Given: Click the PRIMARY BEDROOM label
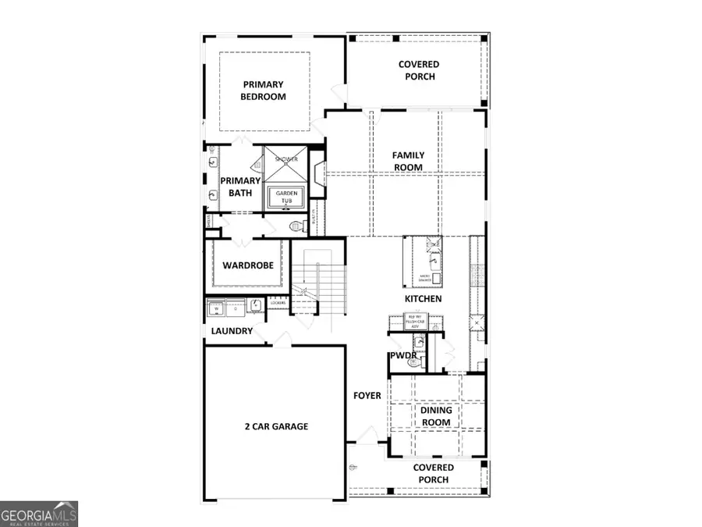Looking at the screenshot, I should pyautogui.click(x=264, y=91).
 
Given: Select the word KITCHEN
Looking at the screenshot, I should pyautogui.click(x=423, y=299).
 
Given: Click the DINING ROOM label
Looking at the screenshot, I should pyautogui.click(x=436, y=416).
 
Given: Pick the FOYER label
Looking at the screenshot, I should pyautogui.click(x=367, y=396).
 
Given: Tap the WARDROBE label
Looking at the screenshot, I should pyautogui.click(x=247, y=265).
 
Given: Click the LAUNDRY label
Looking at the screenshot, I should pyautogui.click(x=232, y=331).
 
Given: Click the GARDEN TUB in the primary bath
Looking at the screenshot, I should pyautogui.click(x=285, y=197).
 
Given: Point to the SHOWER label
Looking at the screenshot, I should pyautogui.click(x=285, y=159).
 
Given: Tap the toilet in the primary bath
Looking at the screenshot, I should pyautogui.click(x=295, y=227).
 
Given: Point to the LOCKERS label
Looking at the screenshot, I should pyautogui.click(x=278, y=302).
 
